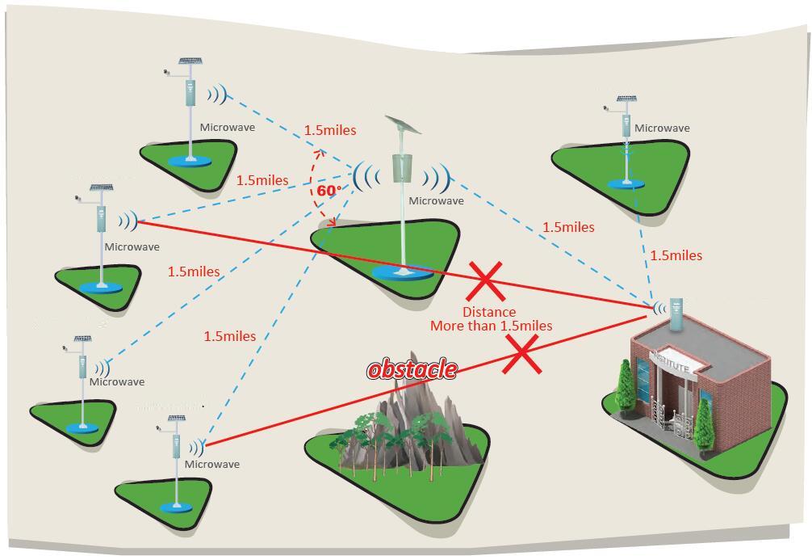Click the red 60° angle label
329,191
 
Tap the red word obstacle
412,370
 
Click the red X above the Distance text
486,281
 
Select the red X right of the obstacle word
521,356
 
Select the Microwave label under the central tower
436,201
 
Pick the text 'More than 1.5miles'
491,326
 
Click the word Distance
489,312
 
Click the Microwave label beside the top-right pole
662,128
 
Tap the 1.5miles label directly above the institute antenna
676,255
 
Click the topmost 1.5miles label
329,130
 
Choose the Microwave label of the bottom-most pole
212,465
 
